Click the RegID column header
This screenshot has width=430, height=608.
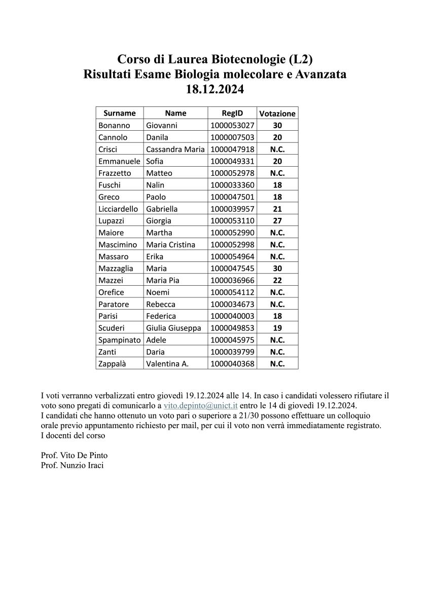pos(232,113)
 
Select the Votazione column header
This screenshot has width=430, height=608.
pos(277,113)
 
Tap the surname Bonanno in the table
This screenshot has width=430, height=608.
pos(114,125)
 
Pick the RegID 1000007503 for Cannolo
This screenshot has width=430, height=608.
pos(232,137)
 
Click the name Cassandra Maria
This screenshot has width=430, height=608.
pos(175,149)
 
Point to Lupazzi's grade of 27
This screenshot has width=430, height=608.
pos(277,221)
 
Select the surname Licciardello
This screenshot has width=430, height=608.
pos(119,209)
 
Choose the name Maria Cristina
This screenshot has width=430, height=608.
pos(170,245)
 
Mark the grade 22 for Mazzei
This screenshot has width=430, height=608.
pos(277,280)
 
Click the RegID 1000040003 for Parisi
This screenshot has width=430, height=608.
pos(232,316)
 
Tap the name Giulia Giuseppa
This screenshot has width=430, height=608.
pos(173,328)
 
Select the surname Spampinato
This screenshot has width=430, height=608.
pos(120,340)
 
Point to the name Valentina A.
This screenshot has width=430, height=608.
pos(167,364)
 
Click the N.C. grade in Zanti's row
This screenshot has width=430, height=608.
pos(277,352)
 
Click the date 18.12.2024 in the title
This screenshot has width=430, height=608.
pos(215,90)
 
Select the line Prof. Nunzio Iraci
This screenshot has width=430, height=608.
pos(72,465)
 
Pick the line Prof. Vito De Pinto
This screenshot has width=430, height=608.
pos(74,455)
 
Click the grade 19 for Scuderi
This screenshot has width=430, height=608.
pos(277,328)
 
